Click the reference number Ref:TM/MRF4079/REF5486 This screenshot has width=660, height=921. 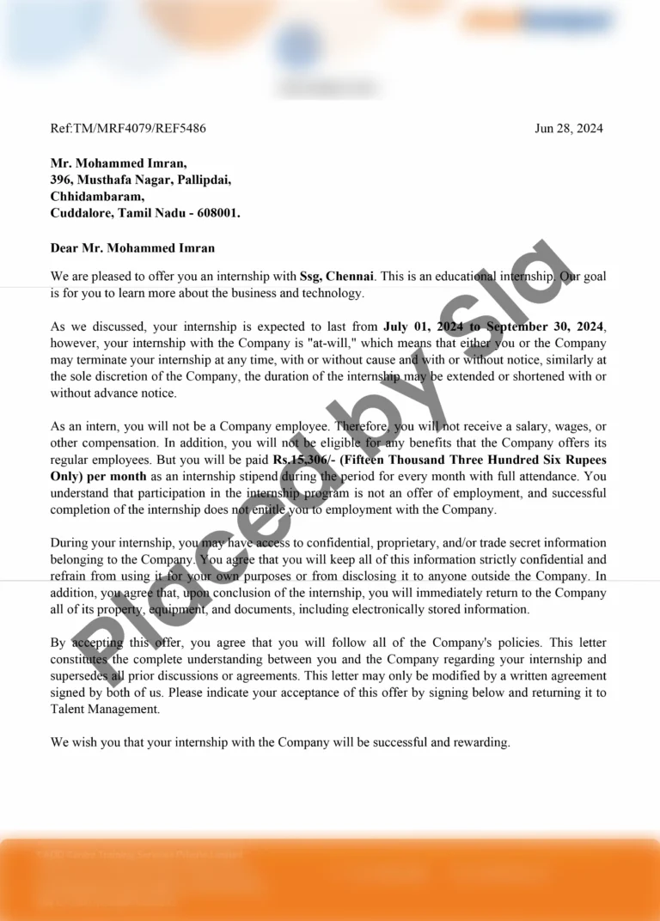[128, 129]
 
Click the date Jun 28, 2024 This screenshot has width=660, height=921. [568, 129]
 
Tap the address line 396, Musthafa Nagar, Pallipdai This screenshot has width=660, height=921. [140, 180]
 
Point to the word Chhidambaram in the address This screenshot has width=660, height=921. [95, 196]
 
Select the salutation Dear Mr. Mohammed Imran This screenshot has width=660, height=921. [132, 248]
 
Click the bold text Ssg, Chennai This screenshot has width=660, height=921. [337, 277]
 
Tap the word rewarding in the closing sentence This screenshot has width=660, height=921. [482, 742]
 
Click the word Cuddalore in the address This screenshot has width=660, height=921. [80, 212]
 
